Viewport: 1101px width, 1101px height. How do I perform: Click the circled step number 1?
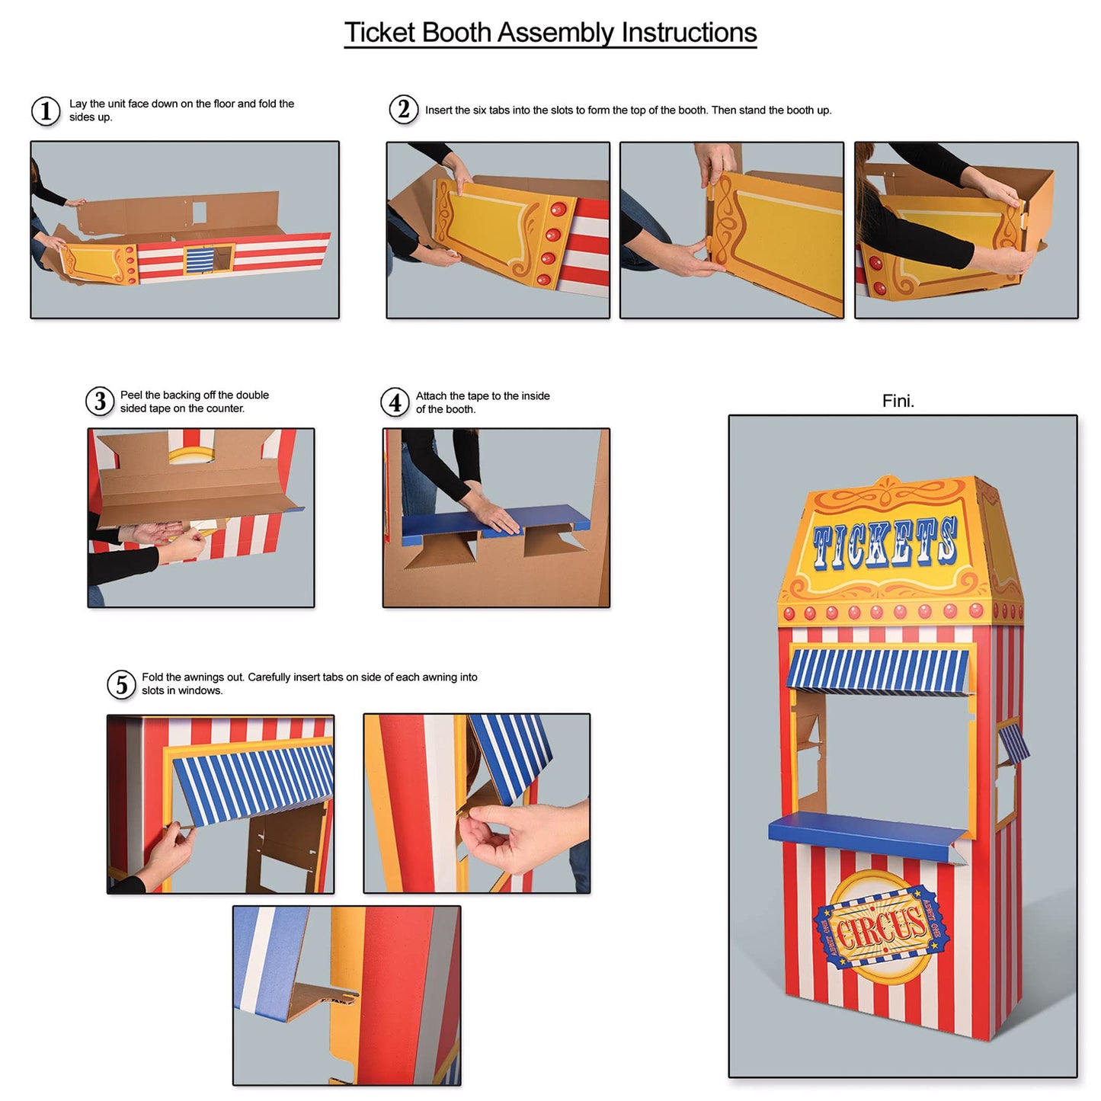(x=46, y=110)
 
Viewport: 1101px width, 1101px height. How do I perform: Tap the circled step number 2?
(x=403, y=109)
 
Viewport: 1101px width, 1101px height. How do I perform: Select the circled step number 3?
(x=100, y=401)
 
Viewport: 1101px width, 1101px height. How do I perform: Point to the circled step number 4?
(x=395, y=402)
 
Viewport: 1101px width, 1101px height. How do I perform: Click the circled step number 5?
(x=121, y=684)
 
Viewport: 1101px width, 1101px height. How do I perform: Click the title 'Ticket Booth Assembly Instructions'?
(x=550, y=33)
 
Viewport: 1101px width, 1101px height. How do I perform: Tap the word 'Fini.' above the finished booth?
(x=898, y=401)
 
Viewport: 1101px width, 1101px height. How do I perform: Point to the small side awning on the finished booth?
(x=1014, y=743)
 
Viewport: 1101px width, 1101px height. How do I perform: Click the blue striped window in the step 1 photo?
(x=198, y=260)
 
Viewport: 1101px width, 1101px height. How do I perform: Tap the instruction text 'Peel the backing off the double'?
(x=194, y=395)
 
